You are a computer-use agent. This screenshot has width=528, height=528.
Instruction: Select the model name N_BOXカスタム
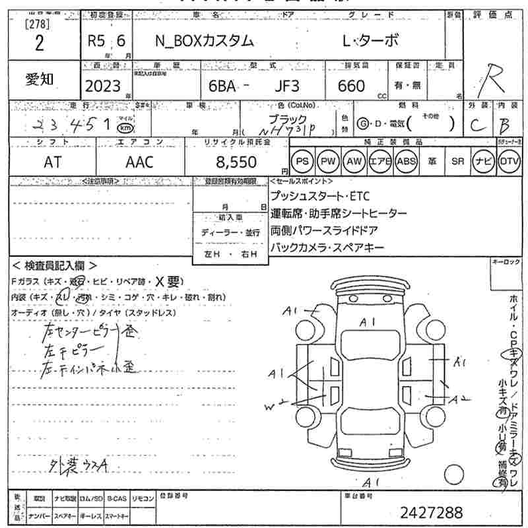click(x=204, y=40)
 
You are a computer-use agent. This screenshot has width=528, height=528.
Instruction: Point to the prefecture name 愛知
click(x=40, y=79)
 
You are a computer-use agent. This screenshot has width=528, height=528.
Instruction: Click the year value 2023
click(x=103, y=86)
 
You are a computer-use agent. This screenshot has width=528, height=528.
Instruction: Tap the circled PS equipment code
click(x=302, y=162)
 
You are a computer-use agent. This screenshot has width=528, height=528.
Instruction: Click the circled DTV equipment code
click(x=508, y=162)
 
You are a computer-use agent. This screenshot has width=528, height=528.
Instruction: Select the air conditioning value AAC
click(x=139, y=162)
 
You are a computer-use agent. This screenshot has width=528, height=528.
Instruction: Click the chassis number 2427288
click(x=432, y=511)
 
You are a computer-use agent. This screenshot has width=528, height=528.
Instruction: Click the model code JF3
click(x=287, y=86)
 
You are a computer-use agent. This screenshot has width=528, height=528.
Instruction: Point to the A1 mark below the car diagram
click(x=372, y=482)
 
